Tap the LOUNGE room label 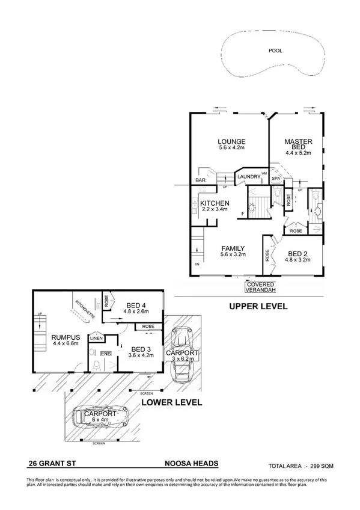(x=231, y=143)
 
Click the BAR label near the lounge (x=201, y=180)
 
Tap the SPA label (x=276, y=179)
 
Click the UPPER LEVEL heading (x=258, y=307)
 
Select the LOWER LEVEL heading (x=171, y=402)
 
